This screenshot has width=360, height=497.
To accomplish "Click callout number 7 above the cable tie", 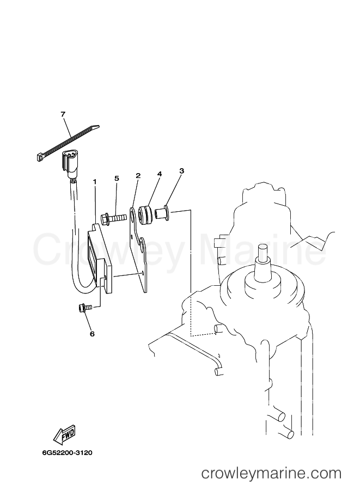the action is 63,114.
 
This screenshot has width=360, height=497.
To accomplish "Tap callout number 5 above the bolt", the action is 117,179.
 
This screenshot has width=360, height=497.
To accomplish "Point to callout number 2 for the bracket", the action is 138,176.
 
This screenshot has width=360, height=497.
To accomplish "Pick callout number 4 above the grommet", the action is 160,174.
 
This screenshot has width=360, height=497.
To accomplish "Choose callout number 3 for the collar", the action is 181,171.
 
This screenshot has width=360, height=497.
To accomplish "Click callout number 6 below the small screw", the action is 92,334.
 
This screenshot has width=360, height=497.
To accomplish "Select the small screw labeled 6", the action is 84,308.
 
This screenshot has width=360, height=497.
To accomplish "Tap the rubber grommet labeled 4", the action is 146,214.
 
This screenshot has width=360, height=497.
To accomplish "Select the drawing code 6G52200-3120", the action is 67,452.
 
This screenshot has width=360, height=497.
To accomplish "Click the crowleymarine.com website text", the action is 272,474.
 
